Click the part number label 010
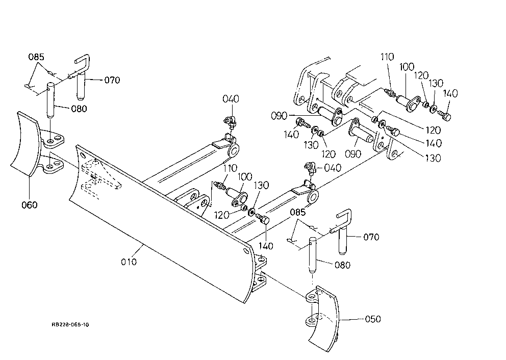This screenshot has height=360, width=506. (x=129, y=262)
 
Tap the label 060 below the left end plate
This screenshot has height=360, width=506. (x=30, y=205)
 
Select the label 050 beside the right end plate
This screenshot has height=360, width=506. (x=373, y=319)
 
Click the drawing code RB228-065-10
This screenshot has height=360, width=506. (x=70, y=324)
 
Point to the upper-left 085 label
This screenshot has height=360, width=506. (x=36, y=57)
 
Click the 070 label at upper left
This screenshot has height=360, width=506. (x=112, y=80)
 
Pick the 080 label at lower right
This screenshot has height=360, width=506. (x=342, y=265)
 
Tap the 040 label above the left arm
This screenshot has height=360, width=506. (x=231, y=99)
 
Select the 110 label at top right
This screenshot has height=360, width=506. (x=387, y=57)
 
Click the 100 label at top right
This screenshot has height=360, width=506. (x=407, y=67)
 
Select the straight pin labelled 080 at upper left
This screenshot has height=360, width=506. (x=51, y=100)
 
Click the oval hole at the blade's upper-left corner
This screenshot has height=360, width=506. (x=83, y=156)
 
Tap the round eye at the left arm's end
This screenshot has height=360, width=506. (x=233, y=150)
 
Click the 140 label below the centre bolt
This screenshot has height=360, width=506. (x=266, y=246)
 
